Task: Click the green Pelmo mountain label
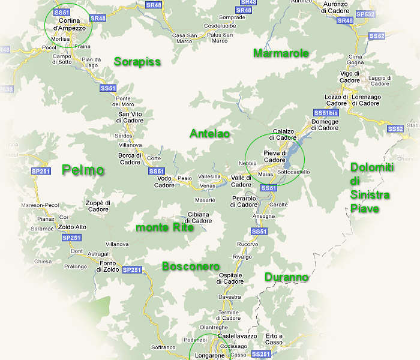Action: click(x=83, y=170)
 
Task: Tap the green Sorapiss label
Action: click(x=137, y=62)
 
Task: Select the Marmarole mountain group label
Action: click(x=281, y=53)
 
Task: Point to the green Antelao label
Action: click(x=209, y=133)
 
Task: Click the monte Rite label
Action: click(x=165, y=227)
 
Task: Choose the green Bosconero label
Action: click(x=191, y=266)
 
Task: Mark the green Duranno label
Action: click(x=286, y=277)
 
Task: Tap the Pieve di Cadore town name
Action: click(x=275, y=157)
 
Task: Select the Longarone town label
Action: click(x=209, y=356)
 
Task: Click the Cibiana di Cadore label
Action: click(x=199, y=218)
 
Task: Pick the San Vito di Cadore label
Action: click(x=130, y=118)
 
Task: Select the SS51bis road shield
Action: click(x=326, y=113)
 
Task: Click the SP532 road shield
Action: click(x=365, y=14)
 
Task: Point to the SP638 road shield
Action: click(x=5, y=89)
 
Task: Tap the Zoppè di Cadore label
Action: click(x=97, y=206)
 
